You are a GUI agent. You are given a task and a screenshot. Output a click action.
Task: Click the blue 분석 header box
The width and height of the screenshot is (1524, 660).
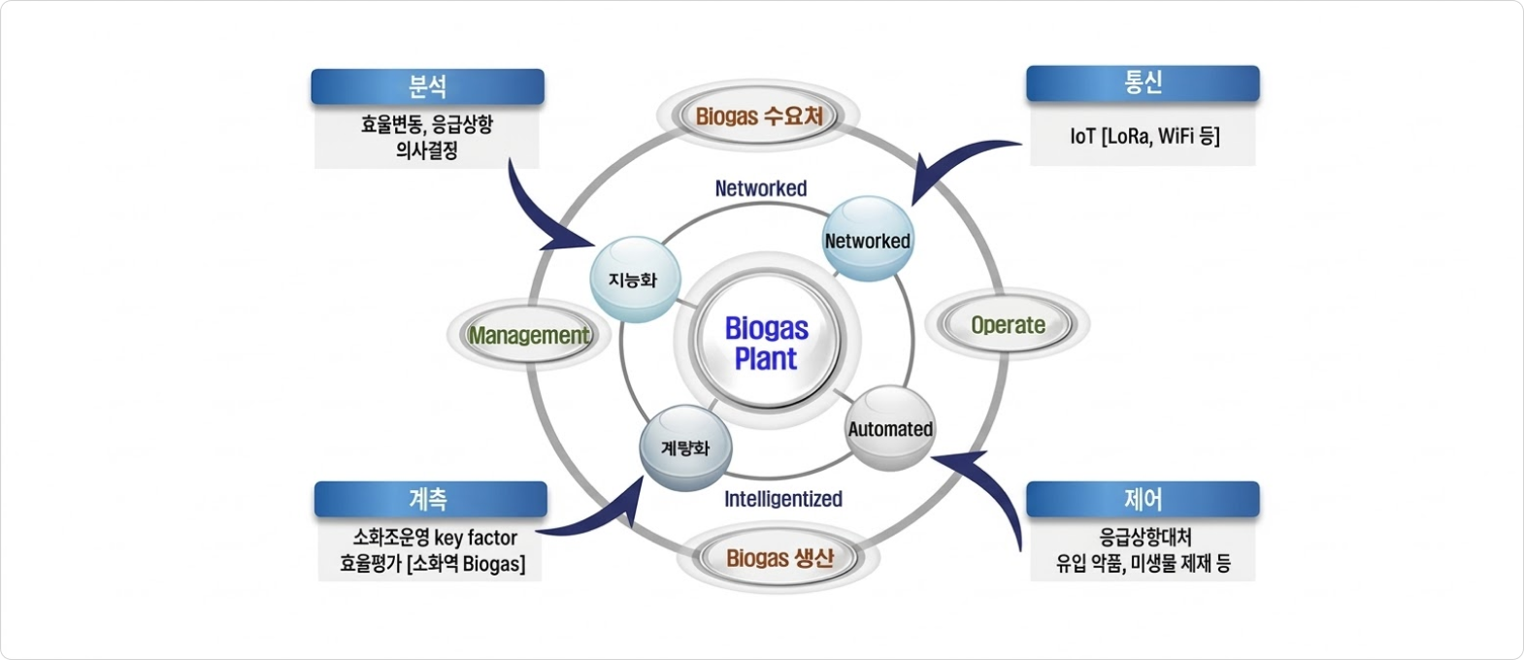tap(427, 86)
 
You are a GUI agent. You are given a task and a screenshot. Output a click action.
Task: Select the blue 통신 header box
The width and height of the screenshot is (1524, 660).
tap(1143, 83)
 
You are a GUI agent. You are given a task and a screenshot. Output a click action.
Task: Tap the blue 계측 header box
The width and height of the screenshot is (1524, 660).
tap(430, 499)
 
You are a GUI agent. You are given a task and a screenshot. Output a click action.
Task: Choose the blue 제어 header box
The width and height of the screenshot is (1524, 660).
tap(1143, 499)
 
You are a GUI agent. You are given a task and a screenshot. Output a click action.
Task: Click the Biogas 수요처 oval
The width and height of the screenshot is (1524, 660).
tap(759, 116)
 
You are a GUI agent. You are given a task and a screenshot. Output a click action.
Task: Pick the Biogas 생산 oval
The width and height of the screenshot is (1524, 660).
tap(779, 558)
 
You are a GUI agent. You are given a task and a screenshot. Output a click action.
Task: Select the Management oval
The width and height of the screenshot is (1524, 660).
tap(529, 335)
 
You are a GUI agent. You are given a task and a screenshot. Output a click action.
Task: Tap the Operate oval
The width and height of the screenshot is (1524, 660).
tap(1008, 325)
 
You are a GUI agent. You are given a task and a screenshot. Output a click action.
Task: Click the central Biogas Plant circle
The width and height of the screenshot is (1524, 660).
tap(766, 343)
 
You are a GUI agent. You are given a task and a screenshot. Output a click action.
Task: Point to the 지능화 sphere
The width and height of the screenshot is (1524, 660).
tap(633, 280)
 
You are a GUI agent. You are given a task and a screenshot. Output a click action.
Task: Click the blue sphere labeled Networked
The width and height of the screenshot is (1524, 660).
tap(867, 240)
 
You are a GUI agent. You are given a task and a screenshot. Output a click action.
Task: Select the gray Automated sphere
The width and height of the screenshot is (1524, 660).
tap(890, 428)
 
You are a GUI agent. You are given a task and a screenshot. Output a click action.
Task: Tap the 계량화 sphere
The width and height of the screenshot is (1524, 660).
tap(685, 447)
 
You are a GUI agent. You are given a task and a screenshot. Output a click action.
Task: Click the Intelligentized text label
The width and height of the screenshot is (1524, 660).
tap(782, 499)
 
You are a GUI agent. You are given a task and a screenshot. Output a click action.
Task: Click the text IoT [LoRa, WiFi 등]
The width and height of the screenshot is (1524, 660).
tap(1144, 136)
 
